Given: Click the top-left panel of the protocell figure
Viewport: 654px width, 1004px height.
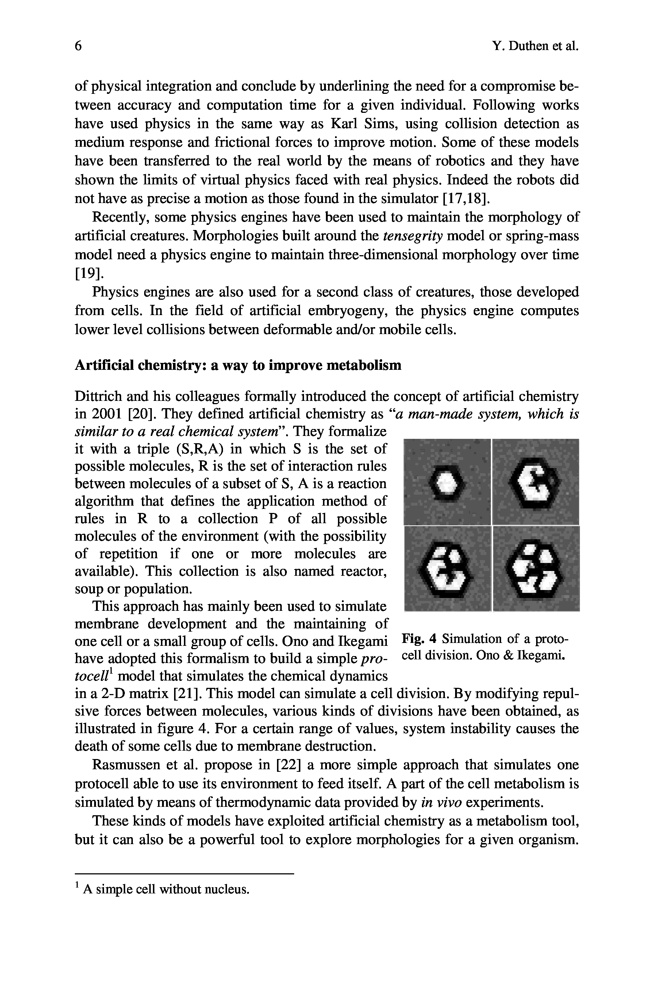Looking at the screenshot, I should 447,482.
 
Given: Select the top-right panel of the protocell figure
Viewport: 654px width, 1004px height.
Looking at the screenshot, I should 536,482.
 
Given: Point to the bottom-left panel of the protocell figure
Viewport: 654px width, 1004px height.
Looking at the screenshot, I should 447,568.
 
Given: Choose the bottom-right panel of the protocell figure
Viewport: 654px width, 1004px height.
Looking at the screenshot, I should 536,568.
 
